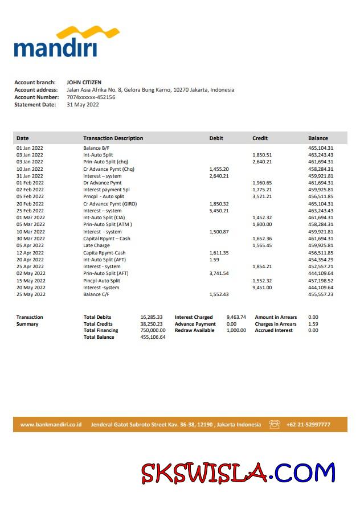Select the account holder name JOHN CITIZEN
click(84, 83)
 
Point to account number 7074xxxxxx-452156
click(91, 97)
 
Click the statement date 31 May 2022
click(83, 105)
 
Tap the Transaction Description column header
click(113, 138)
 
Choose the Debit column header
click(216, 138)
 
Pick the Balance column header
click(318, 138)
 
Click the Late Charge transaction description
click(97, 245)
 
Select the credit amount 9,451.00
click(262, 288)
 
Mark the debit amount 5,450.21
click(219, 211)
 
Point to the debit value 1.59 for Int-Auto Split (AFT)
click(214, 260)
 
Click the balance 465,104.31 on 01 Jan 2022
click(321, 148)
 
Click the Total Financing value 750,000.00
click(153, 330)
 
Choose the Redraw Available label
click(195, 330)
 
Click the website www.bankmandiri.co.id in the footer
click(51, 425)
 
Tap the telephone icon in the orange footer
click(275, 425)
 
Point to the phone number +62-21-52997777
click(308, 425)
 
